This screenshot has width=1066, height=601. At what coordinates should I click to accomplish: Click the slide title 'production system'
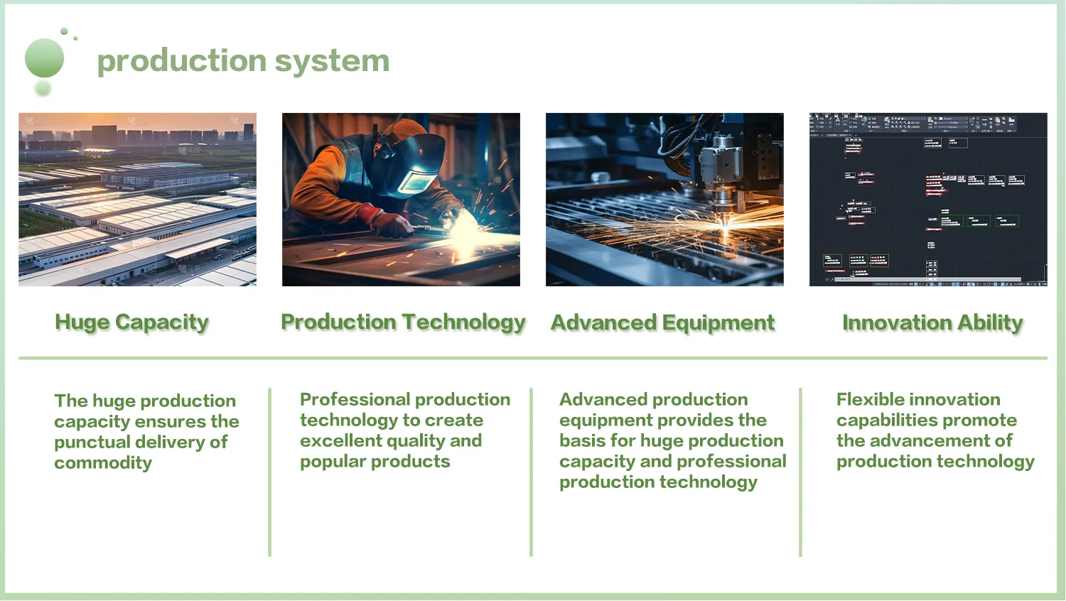coord(243,61)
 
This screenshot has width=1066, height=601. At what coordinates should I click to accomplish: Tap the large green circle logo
coord(44,58)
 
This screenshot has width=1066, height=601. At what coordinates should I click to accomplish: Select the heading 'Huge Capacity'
coord(132,323)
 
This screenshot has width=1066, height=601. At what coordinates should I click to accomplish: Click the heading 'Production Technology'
coord(403,323)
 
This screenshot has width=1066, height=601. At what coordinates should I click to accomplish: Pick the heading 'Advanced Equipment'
coord(662,323)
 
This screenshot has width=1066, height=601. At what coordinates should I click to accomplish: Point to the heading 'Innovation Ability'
coord(932,323)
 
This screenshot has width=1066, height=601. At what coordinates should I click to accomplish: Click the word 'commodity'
coord(103,463)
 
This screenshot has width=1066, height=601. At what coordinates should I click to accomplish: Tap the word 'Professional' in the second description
coord(348,400)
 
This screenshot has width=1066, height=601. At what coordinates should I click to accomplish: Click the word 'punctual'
coord(92,443)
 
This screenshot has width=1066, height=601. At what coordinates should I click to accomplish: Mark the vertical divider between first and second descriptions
coord(270,472)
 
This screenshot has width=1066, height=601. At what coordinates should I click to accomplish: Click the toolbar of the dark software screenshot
coord(924,123)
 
